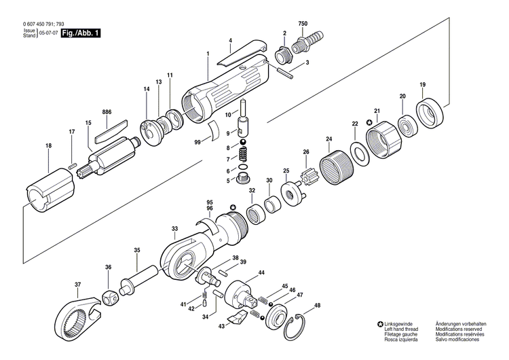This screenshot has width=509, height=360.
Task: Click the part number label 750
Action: (303, 24)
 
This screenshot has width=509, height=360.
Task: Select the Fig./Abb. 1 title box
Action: (79, 33)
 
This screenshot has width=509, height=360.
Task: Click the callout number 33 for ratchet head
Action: (175, 229)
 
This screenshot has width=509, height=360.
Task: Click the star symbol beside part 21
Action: (369, 122)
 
